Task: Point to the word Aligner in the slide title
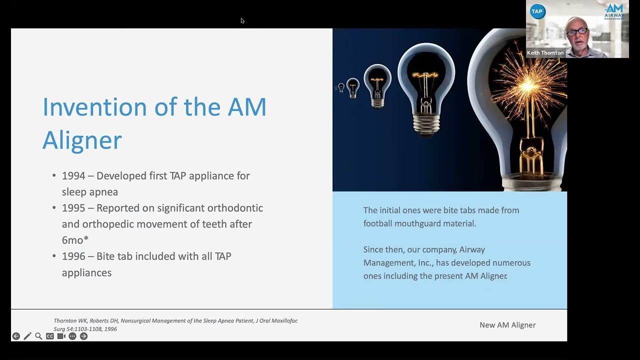[82, 140]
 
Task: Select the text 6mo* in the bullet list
[75, 240]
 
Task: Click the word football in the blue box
[377, 223]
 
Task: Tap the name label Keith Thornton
[545, 53]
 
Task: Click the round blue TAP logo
[537, 11]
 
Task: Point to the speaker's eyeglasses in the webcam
[577, 32]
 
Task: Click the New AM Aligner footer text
[507, 325]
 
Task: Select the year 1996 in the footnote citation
[110, 329]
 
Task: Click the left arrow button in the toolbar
[16, 336]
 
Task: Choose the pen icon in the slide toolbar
[27, 336]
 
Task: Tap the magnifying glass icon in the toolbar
[38, 336]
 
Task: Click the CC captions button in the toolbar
[50, 336]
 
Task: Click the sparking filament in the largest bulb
[527, 87]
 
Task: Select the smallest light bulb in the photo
[341, 88]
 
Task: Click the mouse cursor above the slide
[242, 20]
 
